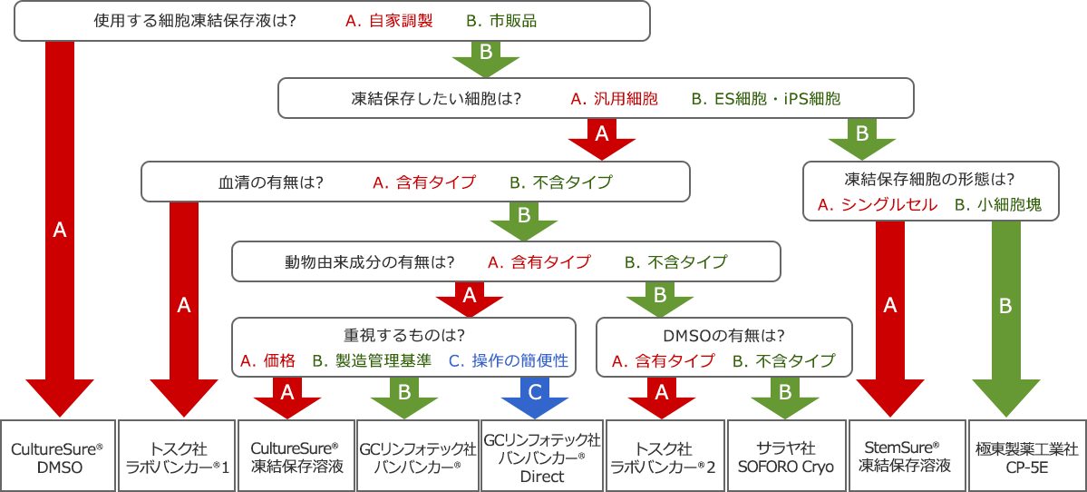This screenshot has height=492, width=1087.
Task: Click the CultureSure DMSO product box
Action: [57, 457]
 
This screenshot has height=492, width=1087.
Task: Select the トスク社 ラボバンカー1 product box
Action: [177, 457]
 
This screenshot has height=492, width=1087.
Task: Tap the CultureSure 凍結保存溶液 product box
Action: [296, 457]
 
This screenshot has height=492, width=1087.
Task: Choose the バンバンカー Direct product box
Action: [542, 457]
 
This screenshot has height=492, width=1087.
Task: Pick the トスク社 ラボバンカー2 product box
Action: [664, 457]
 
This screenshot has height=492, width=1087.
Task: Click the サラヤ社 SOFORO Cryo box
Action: [786, 457]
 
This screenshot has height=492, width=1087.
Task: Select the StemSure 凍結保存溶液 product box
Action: [905, 457]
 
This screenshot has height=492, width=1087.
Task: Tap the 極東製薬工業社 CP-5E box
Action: [1027, 457]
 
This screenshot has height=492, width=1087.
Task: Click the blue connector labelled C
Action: [535, 392]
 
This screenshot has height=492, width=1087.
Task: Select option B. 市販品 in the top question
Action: [500, 20]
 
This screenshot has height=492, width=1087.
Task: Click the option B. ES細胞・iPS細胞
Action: [765, 98]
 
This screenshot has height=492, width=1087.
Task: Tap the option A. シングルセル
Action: [877, 205]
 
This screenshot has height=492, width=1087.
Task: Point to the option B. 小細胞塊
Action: [997, 205]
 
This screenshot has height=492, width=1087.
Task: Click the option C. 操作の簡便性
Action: [509, 360]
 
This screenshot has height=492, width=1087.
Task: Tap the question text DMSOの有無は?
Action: [723, 333]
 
